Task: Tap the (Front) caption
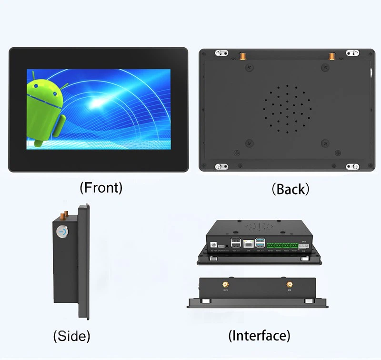pyautogui.click(x=100, y=187)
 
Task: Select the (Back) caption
pyautogui.click(x=290, y=189)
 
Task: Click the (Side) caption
pyautogui.click(x=71, y=336)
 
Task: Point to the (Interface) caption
pyautogui.click(x=259, y=335)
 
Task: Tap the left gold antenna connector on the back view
pyautogui.click(x=242, y=56)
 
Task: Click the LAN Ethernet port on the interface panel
pyautogui.click(x=248, y=243)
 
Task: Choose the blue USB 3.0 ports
pyautogui.click(x=260, y=242)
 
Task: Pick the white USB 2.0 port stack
pyautogui.click(x=235, y=242)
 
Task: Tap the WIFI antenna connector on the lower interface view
pyautogui.click(x=225, y=286)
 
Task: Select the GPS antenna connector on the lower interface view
pyautogui.click(x=289, y=286)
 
